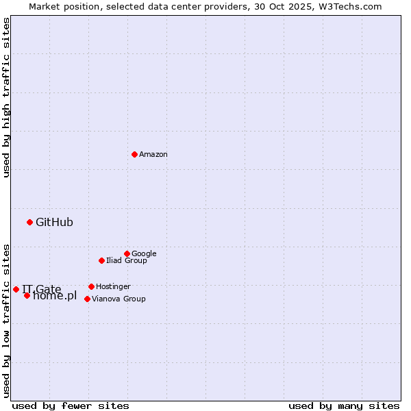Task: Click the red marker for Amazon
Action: click(134, 154)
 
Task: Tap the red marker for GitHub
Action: click(29, 222)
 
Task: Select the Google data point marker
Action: click(127, 253)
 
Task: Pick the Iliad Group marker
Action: click(101, 260)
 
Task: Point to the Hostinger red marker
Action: click(91, 286)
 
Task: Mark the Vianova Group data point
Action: click(87, 299)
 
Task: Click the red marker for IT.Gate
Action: click(16, 289)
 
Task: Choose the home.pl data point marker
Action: click(27, 295)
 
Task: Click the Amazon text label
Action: click(153, 155)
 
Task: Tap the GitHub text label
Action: click(54, 222)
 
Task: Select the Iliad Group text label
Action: click(127, 260)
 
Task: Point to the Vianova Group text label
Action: click(119, 299)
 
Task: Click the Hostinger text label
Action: click(113, 286)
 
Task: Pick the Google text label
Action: click(144, 253)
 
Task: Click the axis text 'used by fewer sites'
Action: click(71, 406)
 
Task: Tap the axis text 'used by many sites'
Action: click(344, 406)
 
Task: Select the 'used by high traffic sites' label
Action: click(6, 97)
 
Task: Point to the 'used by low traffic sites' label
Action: click(6, 320)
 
